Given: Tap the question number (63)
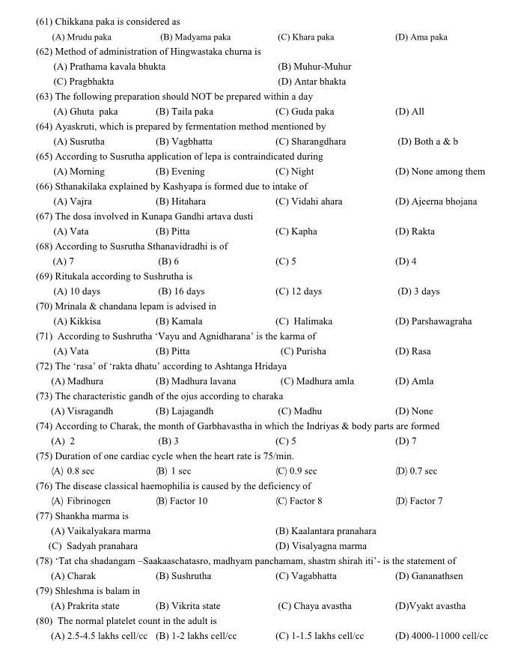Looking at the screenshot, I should [44, 97].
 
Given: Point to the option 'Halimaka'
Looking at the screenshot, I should [312, 321].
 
